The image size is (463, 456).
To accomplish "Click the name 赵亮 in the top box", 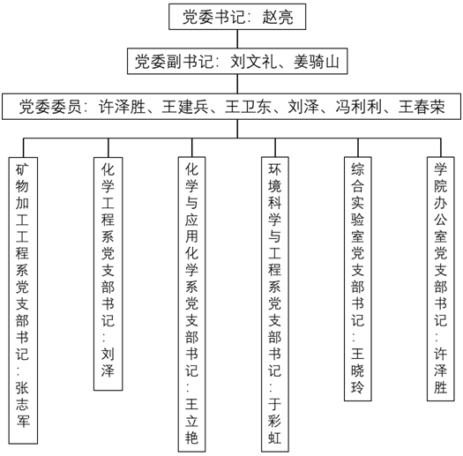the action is [x=278, y=17].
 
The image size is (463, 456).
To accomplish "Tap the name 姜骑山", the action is [x=317, y=62].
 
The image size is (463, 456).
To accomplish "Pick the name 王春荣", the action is [x=422, y=107].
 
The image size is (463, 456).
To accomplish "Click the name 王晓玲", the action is [x=357, y=370].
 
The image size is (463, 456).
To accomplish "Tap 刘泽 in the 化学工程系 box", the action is [x=108, y=362].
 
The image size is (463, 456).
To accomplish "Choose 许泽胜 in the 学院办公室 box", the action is [x=441, y=370].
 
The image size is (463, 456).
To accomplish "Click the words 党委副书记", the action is [x=174, y=62].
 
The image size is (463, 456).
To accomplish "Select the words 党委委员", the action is [x=50, y=107].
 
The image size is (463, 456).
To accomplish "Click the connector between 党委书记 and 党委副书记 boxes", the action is [x=237, y=39].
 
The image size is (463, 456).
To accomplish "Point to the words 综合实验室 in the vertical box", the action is [x=357, y=203].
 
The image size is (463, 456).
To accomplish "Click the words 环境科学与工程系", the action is [x=275, y=228].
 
